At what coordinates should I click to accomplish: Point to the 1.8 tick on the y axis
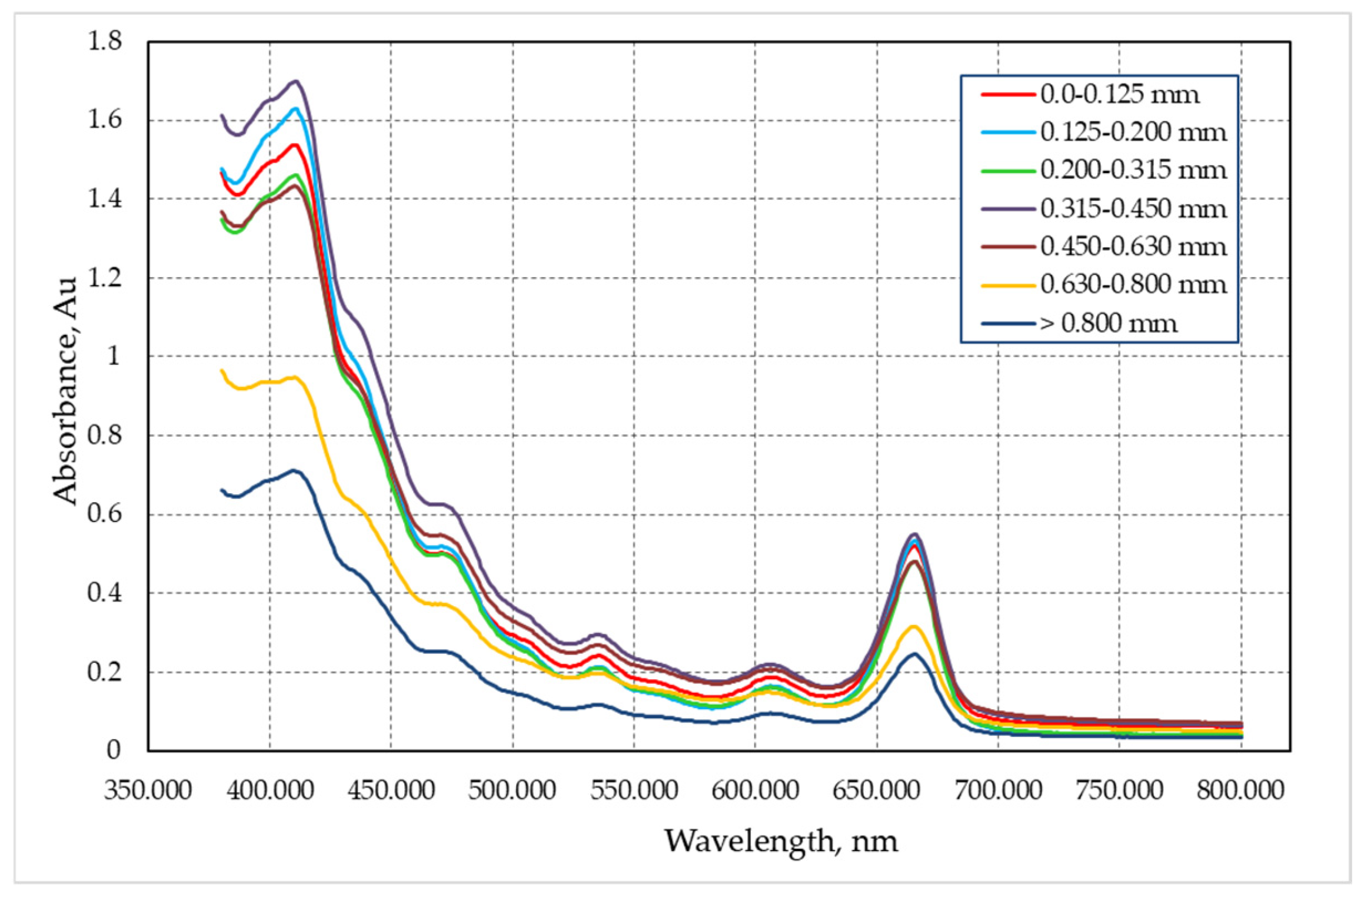105,41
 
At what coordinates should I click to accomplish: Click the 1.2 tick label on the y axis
105,278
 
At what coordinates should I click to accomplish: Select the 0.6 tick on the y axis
105,514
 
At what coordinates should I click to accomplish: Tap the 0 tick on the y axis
114,750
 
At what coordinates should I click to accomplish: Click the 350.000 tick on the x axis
148,790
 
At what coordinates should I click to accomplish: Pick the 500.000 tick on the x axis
512,790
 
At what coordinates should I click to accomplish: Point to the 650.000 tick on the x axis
876,790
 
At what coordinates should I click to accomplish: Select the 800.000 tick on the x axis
1240,790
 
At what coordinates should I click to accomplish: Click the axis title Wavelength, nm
781,841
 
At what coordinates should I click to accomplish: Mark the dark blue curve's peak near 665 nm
914,653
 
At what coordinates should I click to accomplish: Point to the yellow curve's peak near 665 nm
913,626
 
